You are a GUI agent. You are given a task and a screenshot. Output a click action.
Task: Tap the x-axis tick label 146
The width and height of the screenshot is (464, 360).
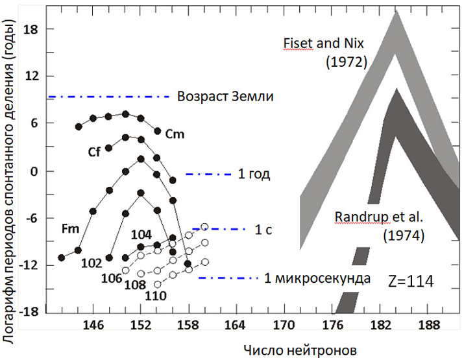coord(93,324)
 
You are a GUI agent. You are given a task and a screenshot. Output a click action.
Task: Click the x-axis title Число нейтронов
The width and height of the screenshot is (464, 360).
coord(300,350)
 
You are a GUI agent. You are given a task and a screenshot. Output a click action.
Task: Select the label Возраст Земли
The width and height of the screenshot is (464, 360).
coord(225,97)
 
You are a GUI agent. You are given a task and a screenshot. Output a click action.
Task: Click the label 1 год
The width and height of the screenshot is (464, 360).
coord(254,174)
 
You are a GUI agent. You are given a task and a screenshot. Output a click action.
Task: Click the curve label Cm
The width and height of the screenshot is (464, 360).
coord(175,134)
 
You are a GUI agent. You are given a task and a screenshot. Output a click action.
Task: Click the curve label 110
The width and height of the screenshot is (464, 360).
coord(156,296)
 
